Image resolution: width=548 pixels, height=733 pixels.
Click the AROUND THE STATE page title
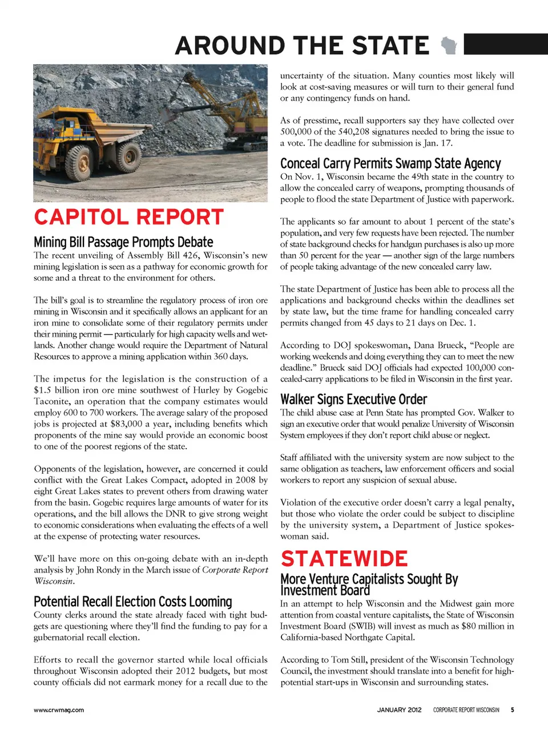tap(302, 46)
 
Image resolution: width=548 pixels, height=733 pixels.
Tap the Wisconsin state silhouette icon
tap(450, 45)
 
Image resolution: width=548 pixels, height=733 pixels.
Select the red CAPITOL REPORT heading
tap(129, 218)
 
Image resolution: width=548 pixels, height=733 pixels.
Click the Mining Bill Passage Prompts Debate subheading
tap(123, 242)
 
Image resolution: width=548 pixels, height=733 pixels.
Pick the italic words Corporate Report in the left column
tap(235, 570)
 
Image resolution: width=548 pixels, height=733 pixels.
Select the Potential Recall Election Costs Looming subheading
tap(133, 602)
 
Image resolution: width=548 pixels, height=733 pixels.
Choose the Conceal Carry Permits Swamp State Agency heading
tap(390, 164)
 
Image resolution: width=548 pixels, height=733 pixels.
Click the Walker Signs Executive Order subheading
tap(353, 399)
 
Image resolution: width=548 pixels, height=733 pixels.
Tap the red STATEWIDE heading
tap(344, 558)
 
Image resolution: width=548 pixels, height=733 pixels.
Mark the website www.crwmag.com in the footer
tap(59, 710)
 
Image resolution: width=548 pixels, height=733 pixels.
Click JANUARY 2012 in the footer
tap(399, 710)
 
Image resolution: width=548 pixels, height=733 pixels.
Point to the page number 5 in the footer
tap(512, 710)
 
